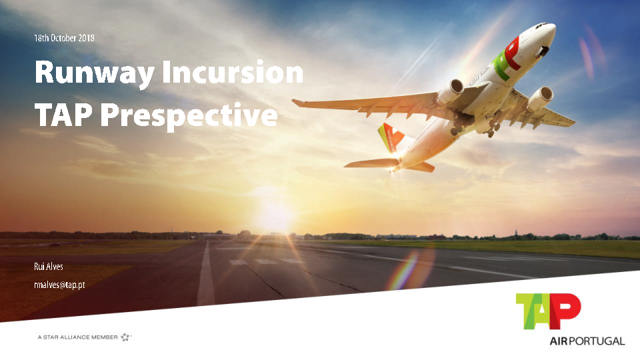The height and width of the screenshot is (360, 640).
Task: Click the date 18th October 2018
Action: click(x=64, y=38)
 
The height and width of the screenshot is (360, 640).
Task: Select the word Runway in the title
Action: click(x=94, y=73)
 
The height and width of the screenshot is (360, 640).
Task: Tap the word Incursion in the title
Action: click(x=233, y=72)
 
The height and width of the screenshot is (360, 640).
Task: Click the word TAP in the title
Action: click(x=63, y=115)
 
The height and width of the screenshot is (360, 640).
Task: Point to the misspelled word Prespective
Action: click(x=189, y=117)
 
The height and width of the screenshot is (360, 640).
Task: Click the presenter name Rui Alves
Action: click(x=49, y=267)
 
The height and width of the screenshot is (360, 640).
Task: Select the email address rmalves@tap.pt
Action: click(x=59, y=285)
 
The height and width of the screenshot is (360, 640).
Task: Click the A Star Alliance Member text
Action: click(x=77, y=337)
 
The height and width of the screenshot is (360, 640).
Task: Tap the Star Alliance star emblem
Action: click(x=126, y=337)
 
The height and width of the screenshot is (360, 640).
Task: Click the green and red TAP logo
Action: click(x=548, y=311)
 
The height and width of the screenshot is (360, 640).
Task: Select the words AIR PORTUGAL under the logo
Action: click(x=587, y=341)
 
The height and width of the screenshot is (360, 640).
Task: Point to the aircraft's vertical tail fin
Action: click(x=390, y=137)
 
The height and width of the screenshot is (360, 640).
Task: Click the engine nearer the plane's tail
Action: click(x=450, y=92)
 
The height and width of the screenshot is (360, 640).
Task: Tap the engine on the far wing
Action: click(x=540, y=99)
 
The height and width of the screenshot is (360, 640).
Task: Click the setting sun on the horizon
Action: click(x=273, y=216)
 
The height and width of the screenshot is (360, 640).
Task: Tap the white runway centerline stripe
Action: click(x=206, y=274)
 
